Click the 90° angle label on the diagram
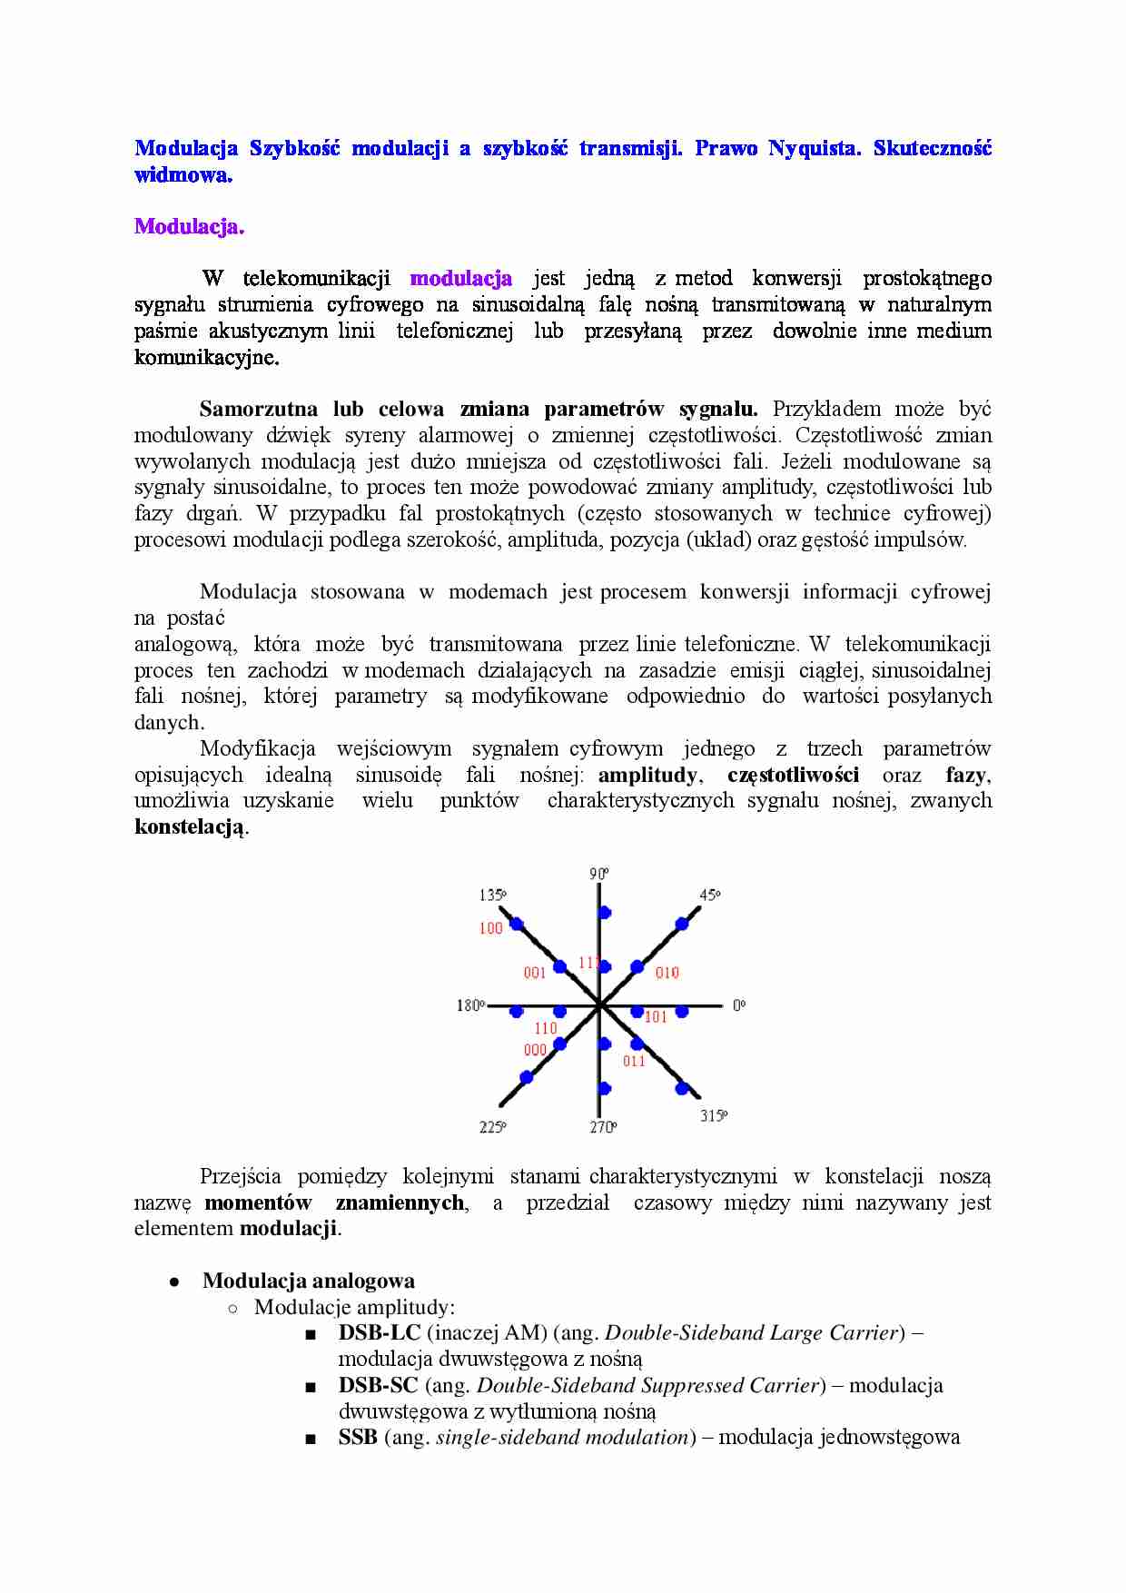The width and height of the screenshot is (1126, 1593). pyautogui.click(x=599, y=874)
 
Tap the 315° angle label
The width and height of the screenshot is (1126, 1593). pyautogui.click(x=714, y=1115)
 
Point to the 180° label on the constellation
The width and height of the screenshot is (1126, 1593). pyautogui.click(x=470, y=1005)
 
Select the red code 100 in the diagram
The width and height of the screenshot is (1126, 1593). pyautogui.click(x=490, y=928)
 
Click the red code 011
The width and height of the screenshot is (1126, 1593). pyautogui.click(x=634, y=1061)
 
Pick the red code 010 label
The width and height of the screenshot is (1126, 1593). pyautogui.click(x=667, y=973)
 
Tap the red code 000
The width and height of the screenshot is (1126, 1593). pyautogui.click(x=536, y=1050)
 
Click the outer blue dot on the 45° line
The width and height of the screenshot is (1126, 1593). pyautogui.click(x=682, y=925)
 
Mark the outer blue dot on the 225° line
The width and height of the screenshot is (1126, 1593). pyautogui.click(x=527, y=1077)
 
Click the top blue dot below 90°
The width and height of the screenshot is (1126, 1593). pyautogui.click(x=605, y=912)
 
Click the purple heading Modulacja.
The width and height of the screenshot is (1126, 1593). pyautogui.click(x=189, y=226)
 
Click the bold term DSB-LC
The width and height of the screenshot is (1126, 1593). pyautogui.click(x=380, y=1333)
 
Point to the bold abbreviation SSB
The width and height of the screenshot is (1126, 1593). pyautogui.click(x=358, y=1438)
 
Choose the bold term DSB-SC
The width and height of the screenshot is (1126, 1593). pyautogui.click(x=378, y=1386)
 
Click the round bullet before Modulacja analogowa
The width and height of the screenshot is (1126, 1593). pyautogui.click(x=173, y=1281)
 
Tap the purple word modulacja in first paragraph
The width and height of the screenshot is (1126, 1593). pyautogui.click(x=460, y=278)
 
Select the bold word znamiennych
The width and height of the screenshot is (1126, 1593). pyautogui.click(x=400, y=1203)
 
